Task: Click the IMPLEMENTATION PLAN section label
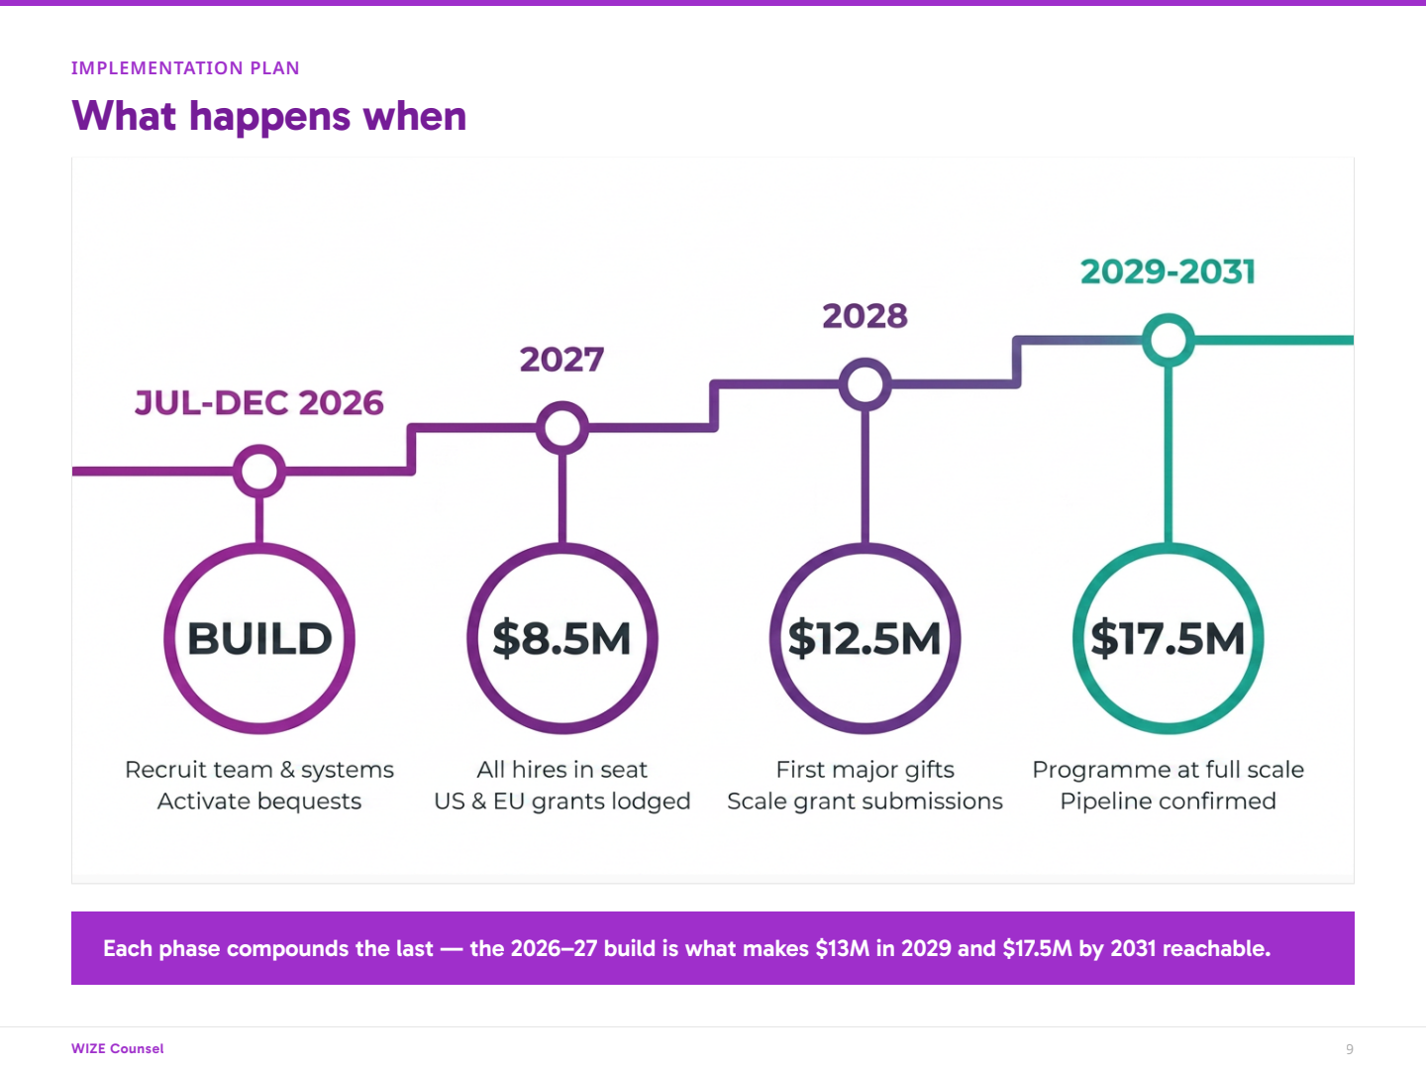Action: pos(185,68)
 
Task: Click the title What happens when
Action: pos(269,116)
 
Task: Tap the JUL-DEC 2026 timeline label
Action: pos(259,403)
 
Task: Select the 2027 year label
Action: pos(561,360)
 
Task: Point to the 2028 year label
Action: pos(865,316)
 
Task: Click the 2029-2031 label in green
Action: pos(1168,271)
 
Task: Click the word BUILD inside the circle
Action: pos(259,639)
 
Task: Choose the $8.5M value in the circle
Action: pos(561,639)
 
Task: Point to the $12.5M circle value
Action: pos(865,639)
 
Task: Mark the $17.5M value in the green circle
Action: pos(1168,639)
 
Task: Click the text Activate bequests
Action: pos(259,802)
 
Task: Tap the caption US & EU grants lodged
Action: pos(561,802)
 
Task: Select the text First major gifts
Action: pos(865,770)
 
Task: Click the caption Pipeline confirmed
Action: pos(1168,802)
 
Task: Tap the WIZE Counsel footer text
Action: pos(117,1048)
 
